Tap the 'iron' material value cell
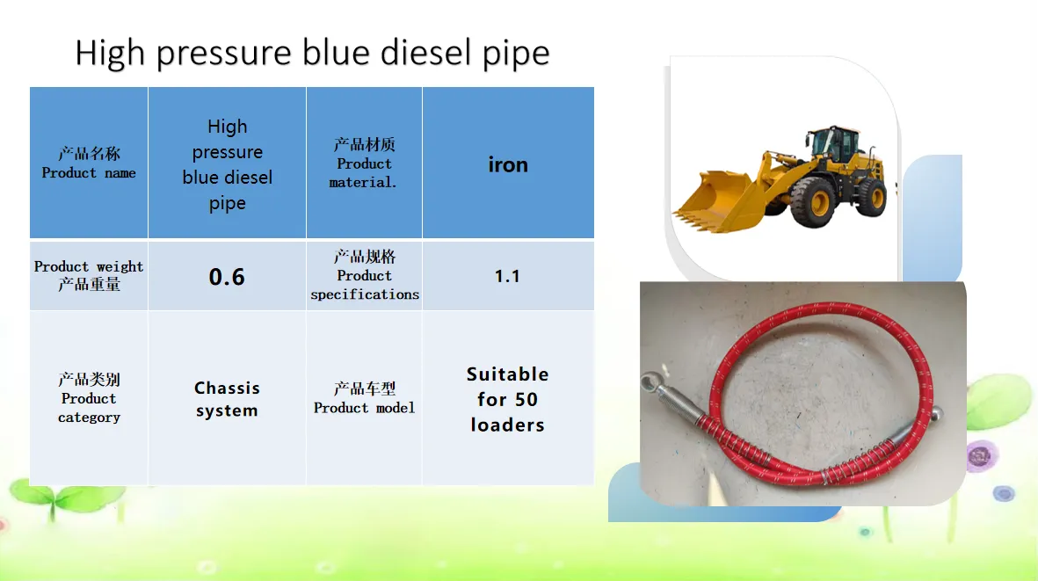tap(508, 163)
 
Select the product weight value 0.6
tap(227, 276)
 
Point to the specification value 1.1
tap(508, 276)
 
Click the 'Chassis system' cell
tap(227, 398)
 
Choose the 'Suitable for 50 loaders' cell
tap(508, 398)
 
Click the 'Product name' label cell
tap(89, 163)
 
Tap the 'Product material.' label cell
tap(364, 163)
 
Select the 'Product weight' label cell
tap(89, 276)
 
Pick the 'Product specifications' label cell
tap(364, 276)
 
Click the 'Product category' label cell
tap(89, 398)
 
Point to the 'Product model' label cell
tap(364, 398)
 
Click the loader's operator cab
tap(834, 143)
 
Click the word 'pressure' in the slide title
tap(224, 54)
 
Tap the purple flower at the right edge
tap(980, 455)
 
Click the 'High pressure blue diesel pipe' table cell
tap(227, 163)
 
